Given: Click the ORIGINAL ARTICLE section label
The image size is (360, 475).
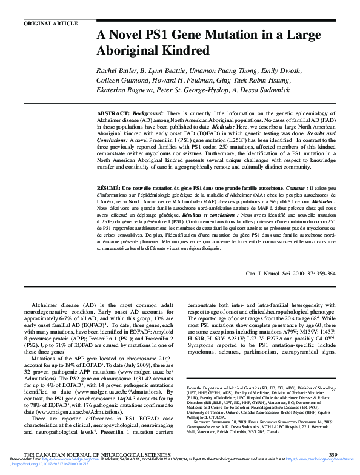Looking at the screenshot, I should (50, 24).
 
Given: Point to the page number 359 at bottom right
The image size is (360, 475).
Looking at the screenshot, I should (332, 454).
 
